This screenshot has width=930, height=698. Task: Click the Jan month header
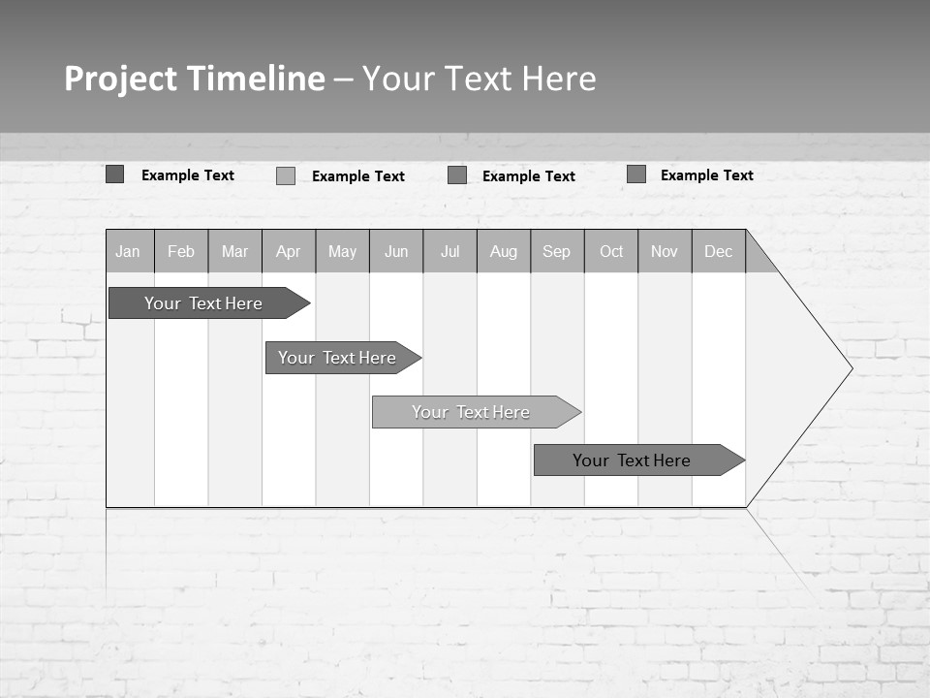click(x=129, y=251)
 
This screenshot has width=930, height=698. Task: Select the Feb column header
click(x=181, y=251)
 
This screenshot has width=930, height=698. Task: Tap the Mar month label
click(x=234, y=251)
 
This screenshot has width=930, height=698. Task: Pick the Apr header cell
click(x=289, y=251)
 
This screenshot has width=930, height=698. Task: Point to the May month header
click(x=342, y=251)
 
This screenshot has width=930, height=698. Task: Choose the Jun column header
click(x=396, y=251)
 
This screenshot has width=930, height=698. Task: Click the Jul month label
click(x=449, y=251)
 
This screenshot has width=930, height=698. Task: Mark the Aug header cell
click(x=504, y=251)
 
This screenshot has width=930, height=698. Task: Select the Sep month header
click(x=557, y=251)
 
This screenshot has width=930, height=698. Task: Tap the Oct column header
click(x=611, y=251)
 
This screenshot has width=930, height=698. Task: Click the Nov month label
click(x=665, y=251)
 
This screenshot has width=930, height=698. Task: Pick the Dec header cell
click(x=719, y=251)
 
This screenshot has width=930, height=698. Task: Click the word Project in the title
click(x=120, y=79)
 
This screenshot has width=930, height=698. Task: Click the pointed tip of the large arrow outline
click(x=851, y=368)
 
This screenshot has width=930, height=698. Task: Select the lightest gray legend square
click(x=286, y=175)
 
